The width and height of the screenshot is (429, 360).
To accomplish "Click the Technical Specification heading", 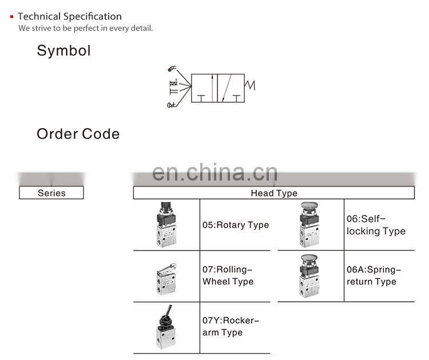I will (69, 17).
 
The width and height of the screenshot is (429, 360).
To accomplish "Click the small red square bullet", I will (11, 17).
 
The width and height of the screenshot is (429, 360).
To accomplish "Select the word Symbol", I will (63, 50).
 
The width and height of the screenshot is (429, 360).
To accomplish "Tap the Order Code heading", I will (78, 134).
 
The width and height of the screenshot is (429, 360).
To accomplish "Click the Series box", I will (51, 193).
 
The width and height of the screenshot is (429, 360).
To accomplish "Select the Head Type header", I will (274, 193).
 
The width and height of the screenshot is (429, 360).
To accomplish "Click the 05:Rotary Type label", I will (235, 225).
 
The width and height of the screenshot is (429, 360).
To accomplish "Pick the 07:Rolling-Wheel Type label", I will (228, 275).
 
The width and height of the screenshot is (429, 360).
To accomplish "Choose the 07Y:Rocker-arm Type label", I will (230, 326).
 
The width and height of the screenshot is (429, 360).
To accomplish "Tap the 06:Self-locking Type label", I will (376, 225).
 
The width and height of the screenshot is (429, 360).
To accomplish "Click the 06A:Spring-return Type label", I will (374, 275).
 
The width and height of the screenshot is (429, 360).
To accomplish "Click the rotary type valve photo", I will (166, 225).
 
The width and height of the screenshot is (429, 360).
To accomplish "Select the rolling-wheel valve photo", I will (166, 277).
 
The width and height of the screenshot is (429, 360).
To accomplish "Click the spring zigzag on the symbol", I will (250, 86).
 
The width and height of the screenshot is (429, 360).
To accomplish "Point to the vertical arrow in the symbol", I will (212, 88).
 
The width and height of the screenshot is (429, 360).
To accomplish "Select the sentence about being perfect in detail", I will (86, 28).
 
